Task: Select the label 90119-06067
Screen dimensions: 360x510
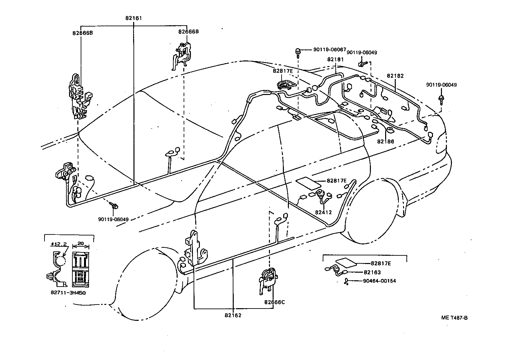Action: tap(329, 49)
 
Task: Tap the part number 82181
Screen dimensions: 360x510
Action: tap(335, 59)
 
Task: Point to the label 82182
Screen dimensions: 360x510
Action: tap(395, 76)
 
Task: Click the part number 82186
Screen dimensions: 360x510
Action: tap(385, 141)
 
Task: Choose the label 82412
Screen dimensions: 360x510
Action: tap(323, 212)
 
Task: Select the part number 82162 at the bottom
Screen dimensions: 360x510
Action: tap(233, 315)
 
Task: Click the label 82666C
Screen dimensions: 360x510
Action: tap(275, 302)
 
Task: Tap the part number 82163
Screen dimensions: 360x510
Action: tap(372, 272)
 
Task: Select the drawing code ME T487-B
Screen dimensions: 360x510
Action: tap(454, 318)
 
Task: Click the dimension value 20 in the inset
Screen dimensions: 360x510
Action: tap(80, 243)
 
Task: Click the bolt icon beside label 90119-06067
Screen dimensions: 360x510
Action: tap(298, 51)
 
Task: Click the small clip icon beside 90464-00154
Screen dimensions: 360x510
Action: tap(346, 281)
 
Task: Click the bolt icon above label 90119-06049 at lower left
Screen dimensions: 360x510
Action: tap(115, 206)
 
